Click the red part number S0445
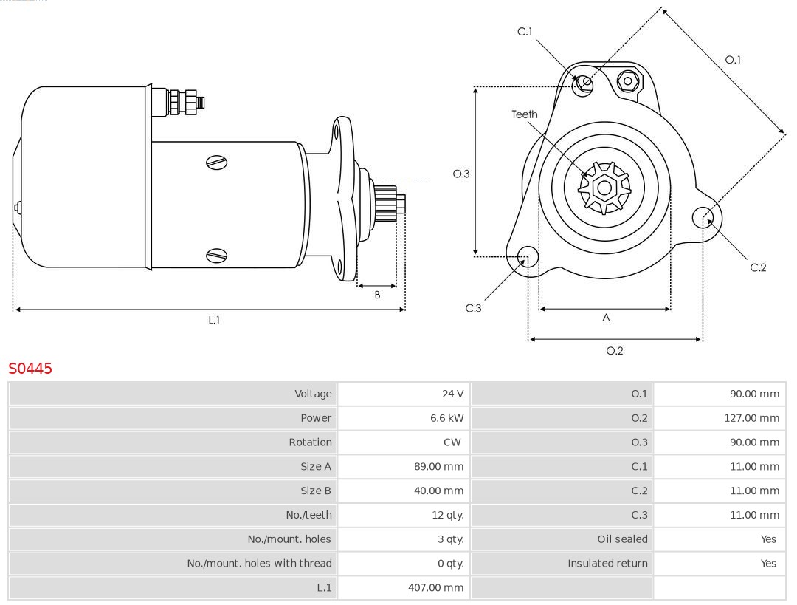[x=30, y=368]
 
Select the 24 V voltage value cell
[x=452, y=394]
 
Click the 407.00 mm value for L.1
[x=435, y=588]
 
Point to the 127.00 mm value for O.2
[x=751, y=418]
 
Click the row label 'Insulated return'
[x=607, y=564]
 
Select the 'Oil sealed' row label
[x=622, y=539]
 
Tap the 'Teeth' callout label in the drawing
[x=525, y=114]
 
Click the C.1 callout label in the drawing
[x=525, y=32]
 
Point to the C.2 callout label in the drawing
[x=758, y=267]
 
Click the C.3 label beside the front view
[x=473, y=308]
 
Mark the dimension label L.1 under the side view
[x=213, y=320]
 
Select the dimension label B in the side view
[x=377, y=295]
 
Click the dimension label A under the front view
[x=606, y=318]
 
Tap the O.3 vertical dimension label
[x=461, y=174]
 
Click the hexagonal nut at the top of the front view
[x=627, y=81]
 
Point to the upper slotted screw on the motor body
[x=216, y=163]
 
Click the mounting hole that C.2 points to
[x=702, y=216]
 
